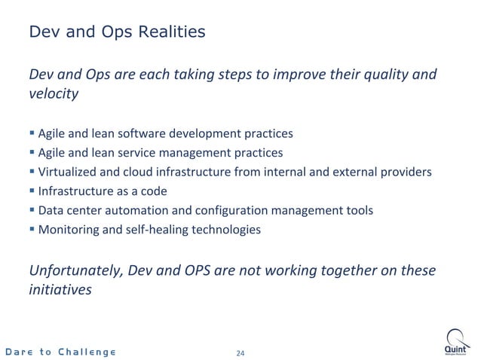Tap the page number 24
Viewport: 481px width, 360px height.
[241, 352]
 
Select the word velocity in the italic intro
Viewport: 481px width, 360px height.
[53, 95]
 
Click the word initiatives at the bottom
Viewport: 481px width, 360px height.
[60, 288]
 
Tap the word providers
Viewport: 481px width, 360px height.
[408, 172]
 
